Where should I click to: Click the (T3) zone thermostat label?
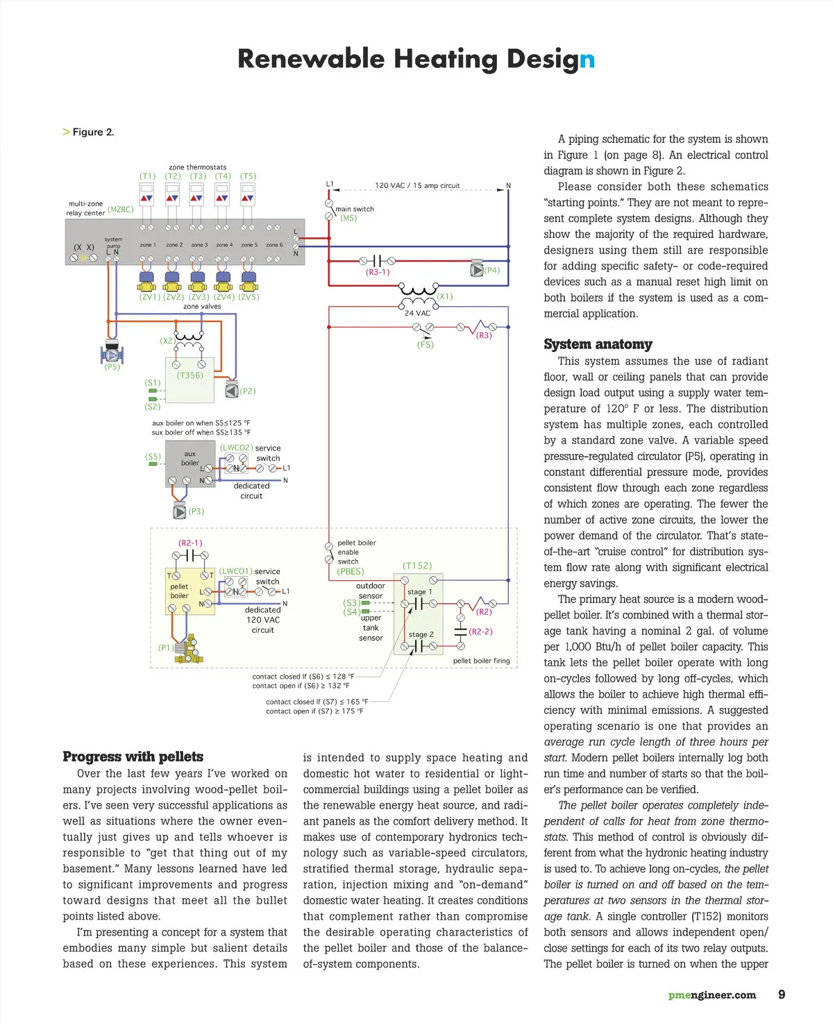pos(198,176)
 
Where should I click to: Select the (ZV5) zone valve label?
pos(249,297)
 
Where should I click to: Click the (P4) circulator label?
pos(492,271)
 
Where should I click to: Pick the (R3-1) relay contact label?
pos(378,272)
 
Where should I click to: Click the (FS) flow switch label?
pos(425,344)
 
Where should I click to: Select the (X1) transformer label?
pos(444,296)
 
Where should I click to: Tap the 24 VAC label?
pos(417,313)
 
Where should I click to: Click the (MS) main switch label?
pos(348,218)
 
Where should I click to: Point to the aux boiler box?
pos(190,464)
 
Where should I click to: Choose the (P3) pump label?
pos(196,511)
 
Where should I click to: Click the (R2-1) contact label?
pos(190,543)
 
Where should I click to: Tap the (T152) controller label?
pos(417,566)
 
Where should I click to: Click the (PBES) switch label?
pos(351,572)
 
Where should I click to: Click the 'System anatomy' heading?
pos(598,344)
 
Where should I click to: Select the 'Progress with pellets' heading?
pos(133,756)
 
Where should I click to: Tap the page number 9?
pos(782,995)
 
